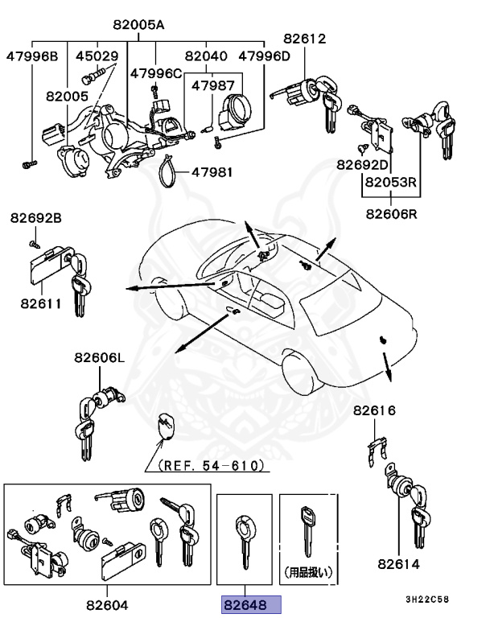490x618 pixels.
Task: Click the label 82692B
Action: click(35, 218)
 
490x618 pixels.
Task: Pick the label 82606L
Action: click(100, 358)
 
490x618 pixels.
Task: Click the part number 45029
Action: click(97, 56)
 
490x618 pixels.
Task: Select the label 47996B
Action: click(32, 56)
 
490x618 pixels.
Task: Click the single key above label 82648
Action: click(244, 543)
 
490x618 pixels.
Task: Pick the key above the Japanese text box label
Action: click(307, 530)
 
